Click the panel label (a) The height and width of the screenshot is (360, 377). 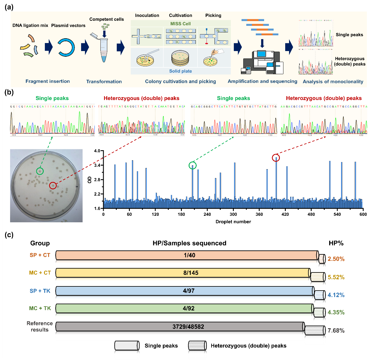[x=9, y=7]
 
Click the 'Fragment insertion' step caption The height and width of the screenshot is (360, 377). [x=48, y=81]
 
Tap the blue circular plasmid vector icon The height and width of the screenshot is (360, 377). [x=66, y=47]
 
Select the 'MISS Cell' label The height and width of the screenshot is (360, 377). [x=180, y=24]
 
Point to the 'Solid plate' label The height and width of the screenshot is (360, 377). [x=180, y=71]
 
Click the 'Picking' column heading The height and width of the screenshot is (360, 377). [x=213, y=15]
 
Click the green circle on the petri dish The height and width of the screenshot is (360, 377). [x=40, y=171]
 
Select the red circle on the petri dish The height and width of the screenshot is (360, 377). [x=53, y=185]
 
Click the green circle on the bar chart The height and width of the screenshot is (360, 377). [x=193, y=165]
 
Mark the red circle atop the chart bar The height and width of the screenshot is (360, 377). [x=276, y=158]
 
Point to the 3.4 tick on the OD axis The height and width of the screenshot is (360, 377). [x=97, y=165]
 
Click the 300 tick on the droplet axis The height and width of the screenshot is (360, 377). [x=233, y=214]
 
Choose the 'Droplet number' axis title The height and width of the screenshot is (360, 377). [x=233, y=222]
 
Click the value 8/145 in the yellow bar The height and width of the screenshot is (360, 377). [x=191, y=273]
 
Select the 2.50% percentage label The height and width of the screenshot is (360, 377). [x=336, y=259]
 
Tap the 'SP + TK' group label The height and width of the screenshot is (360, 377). [x=40, y=291]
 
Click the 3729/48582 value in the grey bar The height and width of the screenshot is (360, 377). [x=188, y=327]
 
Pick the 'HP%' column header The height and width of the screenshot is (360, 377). [x=336, y=243]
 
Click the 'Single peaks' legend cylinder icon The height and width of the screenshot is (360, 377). [x=127, y=346]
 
